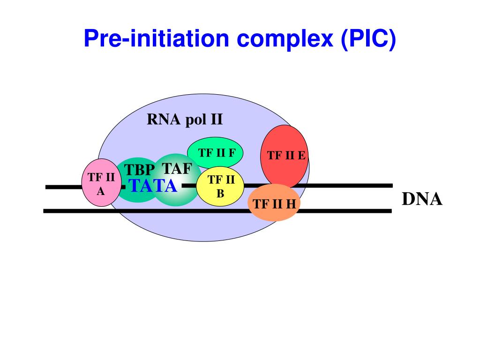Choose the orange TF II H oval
tap(273, 204)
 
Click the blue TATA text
tap(153, 186)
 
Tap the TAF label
tap(177, 168)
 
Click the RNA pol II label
tap(185, 120)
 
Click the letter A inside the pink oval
tap(101, 191)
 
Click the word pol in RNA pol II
tap(195, 120)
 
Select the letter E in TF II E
tap(301, 156)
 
